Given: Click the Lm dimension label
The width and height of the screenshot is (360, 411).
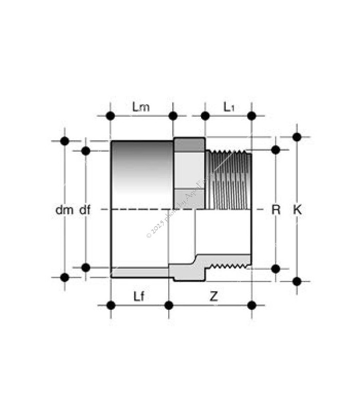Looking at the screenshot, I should (141, 107).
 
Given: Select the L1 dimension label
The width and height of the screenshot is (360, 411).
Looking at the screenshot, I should (229, 107).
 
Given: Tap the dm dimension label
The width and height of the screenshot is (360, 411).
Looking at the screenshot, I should (62, 210).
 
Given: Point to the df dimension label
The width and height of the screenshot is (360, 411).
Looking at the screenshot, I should (84, 210).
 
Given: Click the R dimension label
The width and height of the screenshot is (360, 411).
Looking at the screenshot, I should (276, 210).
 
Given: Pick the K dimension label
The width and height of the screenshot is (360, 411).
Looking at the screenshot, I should (297, 210).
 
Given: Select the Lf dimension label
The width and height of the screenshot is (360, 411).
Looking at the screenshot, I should (139, 296).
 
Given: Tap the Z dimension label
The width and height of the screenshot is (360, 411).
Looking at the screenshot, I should (213, 296).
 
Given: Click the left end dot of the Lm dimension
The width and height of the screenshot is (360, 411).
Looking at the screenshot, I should (111, 116).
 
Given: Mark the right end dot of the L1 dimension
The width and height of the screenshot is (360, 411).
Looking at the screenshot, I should (251, 116).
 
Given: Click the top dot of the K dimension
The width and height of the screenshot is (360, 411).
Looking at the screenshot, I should (297, 137).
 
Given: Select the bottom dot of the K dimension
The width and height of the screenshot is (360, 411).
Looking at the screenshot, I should (297, 281).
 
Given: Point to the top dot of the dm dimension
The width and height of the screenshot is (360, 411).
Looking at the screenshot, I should (65, 141).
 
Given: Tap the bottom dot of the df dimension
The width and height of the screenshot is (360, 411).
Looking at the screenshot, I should (86, 267).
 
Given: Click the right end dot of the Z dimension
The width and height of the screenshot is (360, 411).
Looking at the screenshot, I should (251, 305).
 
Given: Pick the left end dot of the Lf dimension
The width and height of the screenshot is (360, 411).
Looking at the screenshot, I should (111, 305).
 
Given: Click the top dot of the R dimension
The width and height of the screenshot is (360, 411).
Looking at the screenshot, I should (276, 150).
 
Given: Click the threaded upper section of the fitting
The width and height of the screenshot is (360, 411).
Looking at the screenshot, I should (228, 180).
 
